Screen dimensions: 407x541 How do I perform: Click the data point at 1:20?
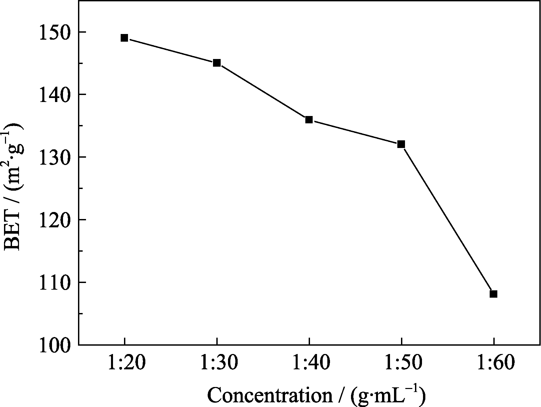point(124,38)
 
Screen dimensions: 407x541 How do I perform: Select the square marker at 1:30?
point(217,63)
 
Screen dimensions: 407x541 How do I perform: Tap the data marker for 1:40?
point(309,120)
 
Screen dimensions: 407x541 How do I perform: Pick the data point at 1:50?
point(401,144)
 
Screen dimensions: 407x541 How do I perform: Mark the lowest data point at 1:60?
point(493,294)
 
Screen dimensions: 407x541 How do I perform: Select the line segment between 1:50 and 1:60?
point(447,219)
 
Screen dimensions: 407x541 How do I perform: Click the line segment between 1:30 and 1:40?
point(263,91)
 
